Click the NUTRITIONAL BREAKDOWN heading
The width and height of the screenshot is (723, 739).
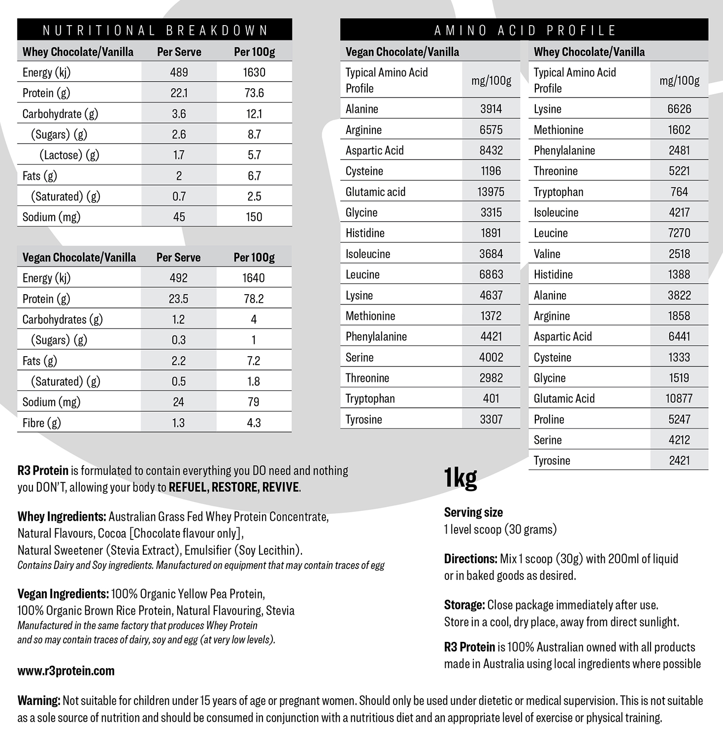(155, 31)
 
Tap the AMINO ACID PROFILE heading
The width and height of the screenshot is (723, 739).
(525, 31)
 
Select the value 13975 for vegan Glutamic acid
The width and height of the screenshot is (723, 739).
(491, 192)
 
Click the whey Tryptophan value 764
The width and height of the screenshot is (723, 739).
(679, 192)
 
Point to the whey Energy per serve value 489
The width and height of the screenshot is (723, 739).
(179, 72)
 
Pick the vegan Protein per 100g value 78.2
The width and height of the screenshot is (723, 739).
(254, 299)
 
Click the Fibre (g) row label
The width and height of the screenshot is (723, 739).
(42, 423)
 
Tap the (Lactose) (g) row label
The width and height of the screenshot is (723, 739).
(69, 155)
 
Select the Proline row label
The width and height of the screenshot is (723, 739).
(549, 419)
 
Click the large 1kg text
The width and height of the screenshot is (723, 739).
(460, 477)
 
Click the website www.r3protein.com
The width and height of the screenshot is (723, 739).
(66, 671)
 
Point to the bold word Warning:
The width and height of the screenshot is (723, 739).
(39, 701)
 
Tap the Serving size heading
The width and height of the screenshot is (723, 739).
(473, 512)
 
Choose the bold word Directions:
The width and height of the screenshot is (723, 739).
(470, 559)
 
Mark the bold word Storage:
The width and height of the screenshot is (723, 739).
(464, 605)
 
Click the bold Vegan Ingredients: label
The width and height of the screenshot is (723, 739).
(63, 594)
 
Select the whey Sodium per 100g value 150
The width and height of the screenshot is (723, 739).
(254, 217)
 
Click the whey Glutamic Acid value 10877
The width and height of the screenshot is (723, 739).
(679, 399)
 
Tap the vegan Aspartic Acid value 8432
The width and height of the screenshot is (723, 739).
(491, 150)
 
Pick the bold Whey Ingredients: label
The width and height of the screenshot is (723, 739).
(62, 517)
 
